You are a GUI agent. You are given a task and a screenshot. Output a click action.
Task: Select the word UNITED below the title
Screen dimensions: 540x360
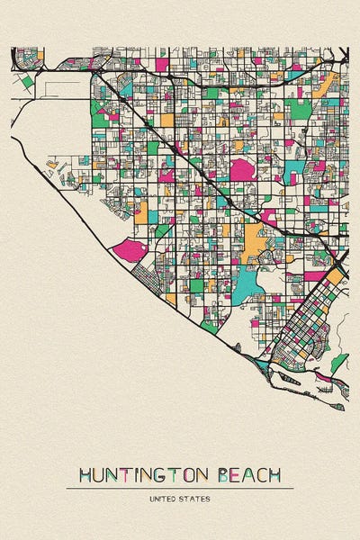(x=166, y=497)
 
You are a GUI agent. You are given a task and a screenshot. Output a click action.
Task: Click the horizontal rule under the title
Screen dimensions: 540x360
(x=180, y=488)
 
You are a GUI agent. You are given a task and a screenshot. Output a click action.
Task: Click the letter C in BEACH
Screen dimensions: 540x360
(x=260, y=474)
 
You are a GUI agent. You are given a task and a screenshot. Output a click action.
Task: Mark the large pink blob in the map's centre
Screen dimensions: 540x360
(x=243, y=169)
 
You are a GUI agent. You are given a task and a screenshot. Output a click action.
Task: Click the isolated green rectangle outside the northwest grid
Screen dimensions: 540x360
(x=28, y=81)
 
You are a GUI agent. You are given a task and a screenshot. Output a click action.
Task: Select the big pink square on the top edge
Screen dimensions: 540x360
(x=162, y=64)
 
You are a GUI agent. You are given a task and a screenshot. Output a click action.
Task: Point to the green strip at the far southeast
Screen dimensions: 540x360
(x=338, y=363)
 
